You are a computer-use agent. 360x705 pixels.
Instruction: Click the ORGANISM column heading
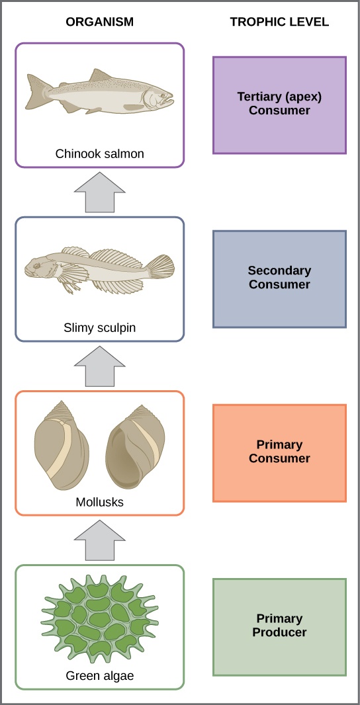pyautogui.click(x=99, y=22)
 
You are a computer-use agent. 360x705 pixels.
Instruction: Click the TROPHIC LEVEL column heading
pyautogui.click(x=279, y=22)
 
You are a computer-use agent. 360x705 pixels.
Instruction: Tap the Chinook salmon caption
pyautogui.click(x=99, y=154)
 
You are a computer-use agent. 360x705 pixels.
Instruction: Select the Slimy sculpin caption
pyautogui.click(x=99, y=328)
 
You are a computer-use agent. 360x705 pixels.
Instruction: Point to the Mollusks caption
pyautogui.click(x=99, y=502)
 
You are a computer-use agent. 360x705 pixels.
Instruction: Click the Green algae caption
pyautogui.click(x=99, y=676)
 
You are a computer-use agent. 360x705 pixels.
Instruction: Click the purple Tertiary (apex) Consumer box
pyautogui.click(x=279, y=104)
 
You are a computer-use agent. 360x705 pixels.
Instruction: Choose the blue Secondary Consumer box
pyautogui.click(x=279, y=278)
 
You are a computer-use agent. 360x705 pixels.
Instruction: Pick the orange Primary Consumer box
pyautogui.click(x=279, y=452)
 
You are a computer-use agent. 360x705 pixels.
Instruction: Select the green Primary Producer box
pyautogui.click(x=279, y=626)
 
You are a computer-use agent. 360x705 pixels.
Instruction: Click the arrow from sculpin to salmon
pyautogui.click(x=99, y=192)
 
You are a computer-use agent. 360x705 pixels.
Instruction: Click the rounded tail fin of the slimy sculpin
pyautogui.click(x=161, y=267)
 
